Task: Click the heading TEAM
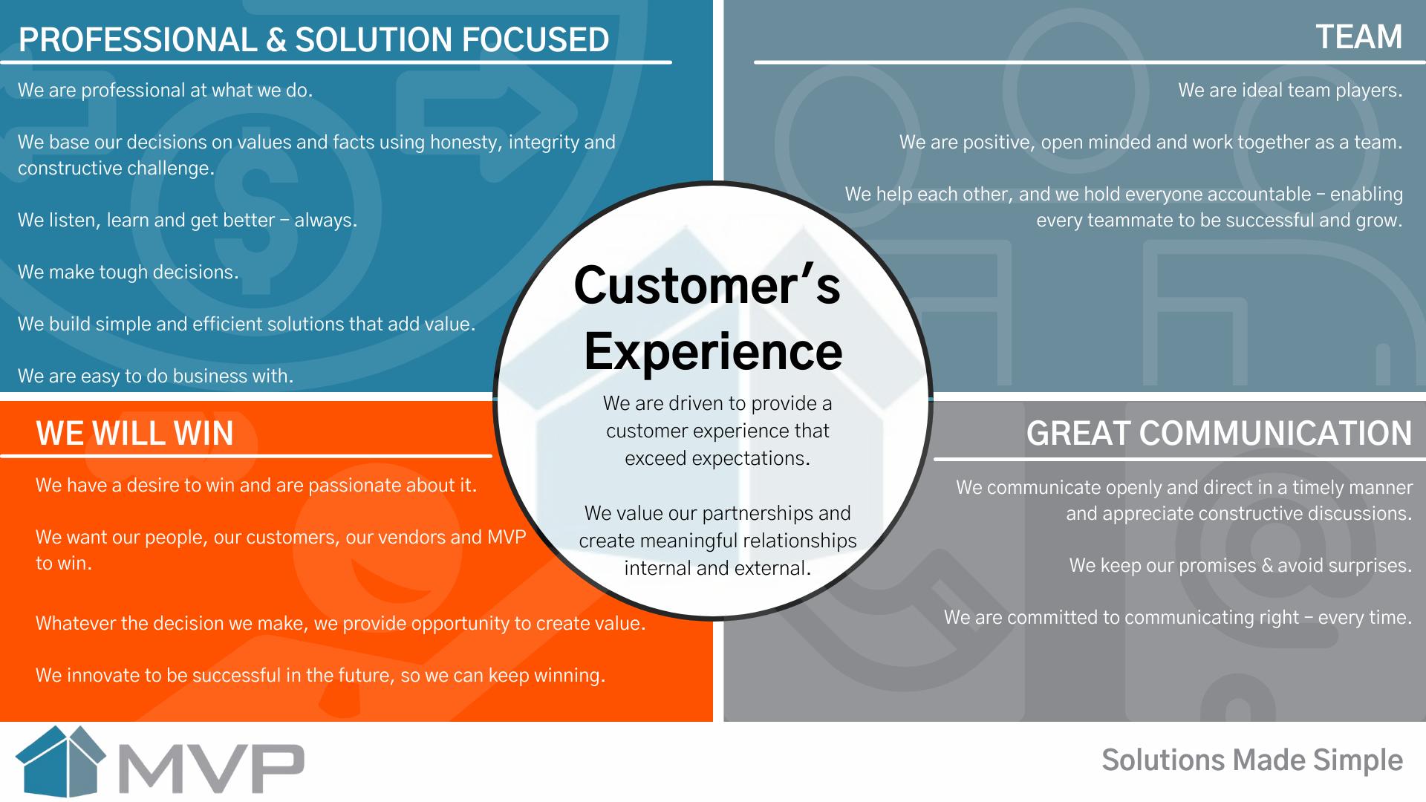[x=1358, y=37]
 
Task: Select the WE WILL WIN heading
[x=134, y=433]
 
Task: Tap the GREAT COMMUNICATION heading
[x=1219, y=433]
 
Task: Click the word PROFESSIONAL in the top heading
[x=137, y=40]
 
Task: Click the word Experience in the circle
[x=713, y=351]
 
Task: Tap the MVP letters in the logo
[x=212, y=768]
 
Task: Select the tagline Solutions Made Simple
[x=1252, y=760]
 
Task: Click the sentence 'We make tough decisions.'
[x=128, y=273]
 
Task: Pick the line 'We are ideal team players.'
[x=1290, y=91]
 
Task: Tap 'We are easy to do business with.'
[x=156, y=376]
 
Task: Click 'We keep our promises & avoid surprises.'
[x=1240, y=566]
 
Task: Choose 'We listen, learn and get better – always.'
[x=188, y=221]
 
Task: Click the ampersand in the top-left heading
[x=276, y=40]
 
